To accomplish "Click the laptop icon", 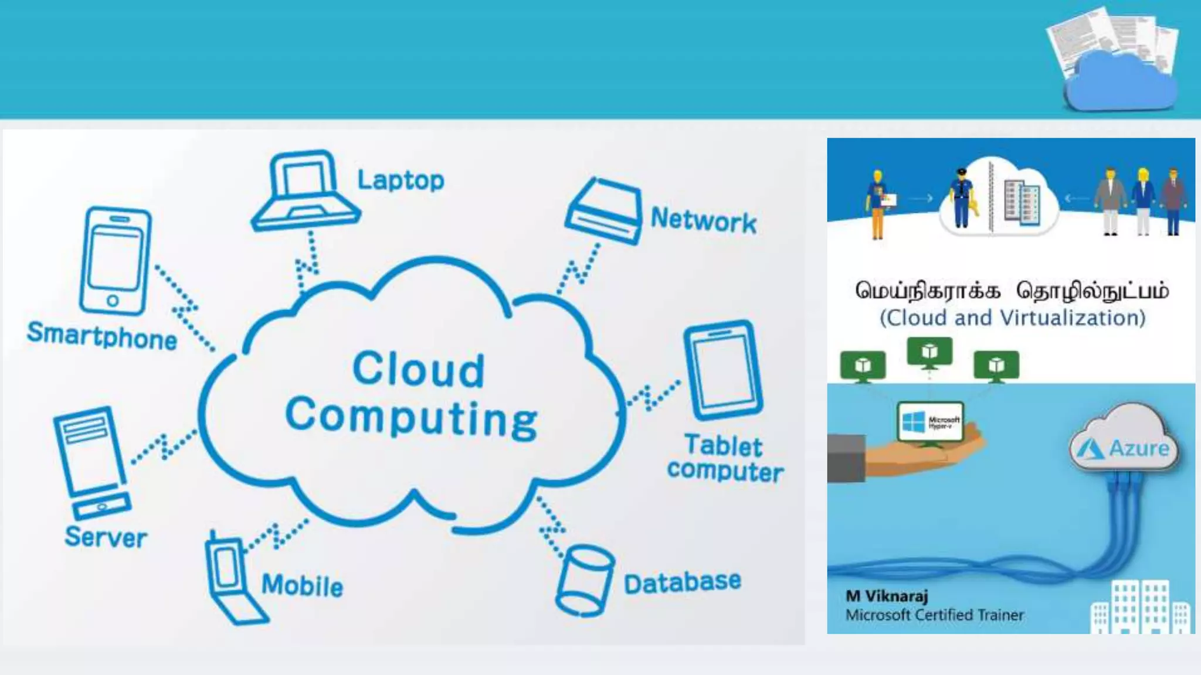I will pyautogui.click(x=305, y=191).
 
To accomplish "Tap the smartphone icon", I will pyautogui.click(x=116, y=261).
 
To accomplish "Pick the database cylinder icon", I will pyautogui.click(x=584, y=580).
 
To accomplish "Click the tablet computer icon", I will pyautogui.click(x=723, y=370).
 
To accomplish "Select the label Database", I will pyautogui.click(x=682, y=582).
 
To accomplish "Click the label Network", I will pyautogui.click(x=703, y=221).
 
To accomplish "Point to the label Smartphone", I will pyautogui.click(x=102, y=336).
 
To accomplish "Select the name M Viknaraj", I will pyautogui.click(x=887, y=596).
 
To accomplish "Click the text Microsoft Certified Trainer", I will pyautogui.click(x=934, y=615).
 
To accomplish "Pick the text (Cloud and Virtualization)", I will pyautogui.click(x=1012, y=318).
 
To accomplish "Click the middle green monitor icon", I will pyautogui.click(x=929, y=353).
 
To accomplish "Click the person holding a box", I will pyautogui.click(x=878, y=204).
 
